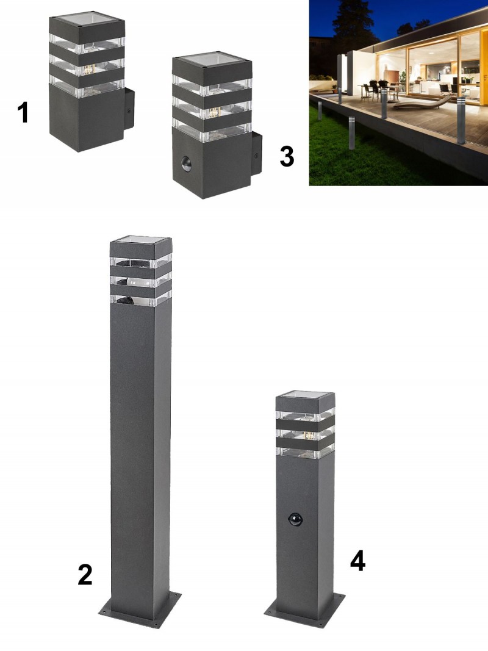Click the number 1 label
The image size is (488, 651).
pos(23,113)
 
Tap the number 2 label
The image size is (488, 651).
pos(85,575)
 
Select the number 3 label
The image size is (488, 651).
pos(287,157)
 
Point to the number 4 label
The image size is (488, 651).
pos(357,562)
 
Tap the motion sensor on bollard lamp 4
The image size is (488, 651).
pos(296,519)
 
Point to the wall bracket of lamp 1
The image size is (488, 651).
pos(129,109)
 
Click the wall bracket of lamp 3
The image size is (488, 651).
pos(256,154)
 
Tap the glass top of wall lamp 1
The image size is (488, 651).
pos(87,18)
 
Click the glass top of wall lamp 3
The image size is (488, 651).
pos(212,58)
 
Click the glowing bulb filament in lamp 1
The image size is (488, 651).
pos(88,70)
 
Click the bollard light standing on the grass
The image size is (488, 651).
pos(352,133)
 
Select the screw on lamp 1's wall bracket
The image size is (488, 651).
pos(129,112)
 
